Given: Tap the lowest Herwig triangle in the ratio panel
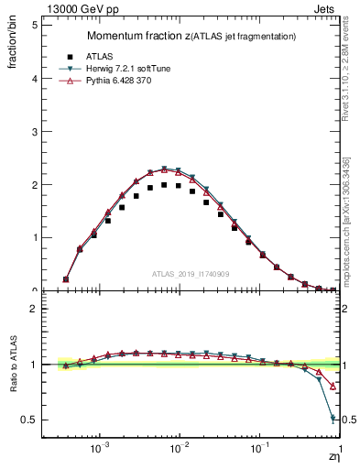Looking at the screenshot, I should pos(333,419).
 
